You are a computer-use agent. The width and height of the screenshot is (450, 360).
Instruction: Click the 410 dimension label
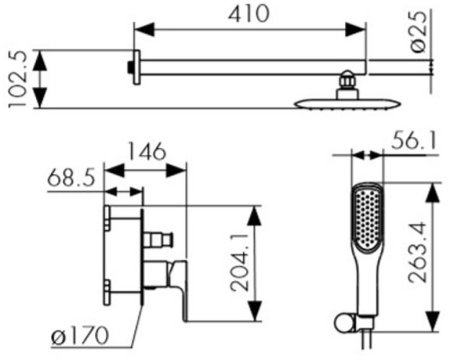249,14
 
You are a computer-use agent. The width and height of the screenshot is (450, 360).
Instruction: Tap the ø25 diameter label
418,32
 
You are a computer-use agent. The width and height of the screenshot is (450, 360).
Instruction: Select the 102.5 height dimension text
17,79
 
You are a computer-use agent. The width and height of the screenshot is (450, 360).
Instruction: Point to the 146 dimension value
146,151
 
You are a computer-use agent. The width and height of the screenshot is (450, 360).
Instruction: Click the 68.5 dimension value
71,178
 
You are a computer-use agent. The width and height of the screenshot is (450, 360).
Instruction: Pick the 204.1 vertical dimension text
240,263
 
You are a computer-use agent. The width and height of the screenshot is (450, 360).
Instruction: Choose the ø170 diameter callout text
80,335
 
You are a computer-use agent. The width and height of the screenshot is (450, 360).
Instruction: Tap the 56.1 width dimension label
414,140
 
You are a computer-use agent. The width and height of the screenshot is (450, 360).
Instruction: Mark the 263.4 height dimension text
417,253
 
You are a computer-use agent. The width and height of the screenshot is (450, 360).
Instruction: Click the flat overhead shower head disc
347,104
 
